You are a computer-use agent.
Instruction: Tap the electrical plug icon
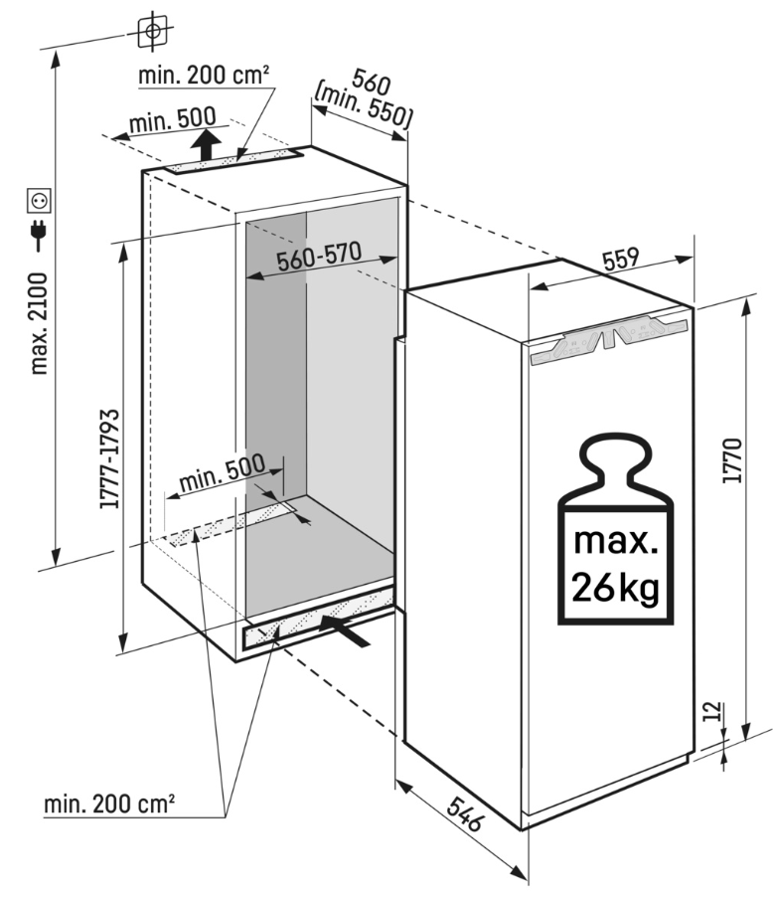pyautogui.click(x=40, y=236)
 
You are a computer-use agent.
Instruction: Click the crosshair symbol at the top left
pyautogui.click(x=151, y=31)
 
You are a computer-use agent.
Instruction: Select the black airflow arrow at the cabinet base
pyautogui.click(x=347, y=629)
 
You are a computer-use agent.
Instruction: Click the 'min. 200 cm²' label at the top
pyautogui.click(x=207, y=74)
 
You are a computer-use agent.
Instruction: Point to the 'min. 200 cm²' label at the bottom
pyautogui.click(x=109, y=803)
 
